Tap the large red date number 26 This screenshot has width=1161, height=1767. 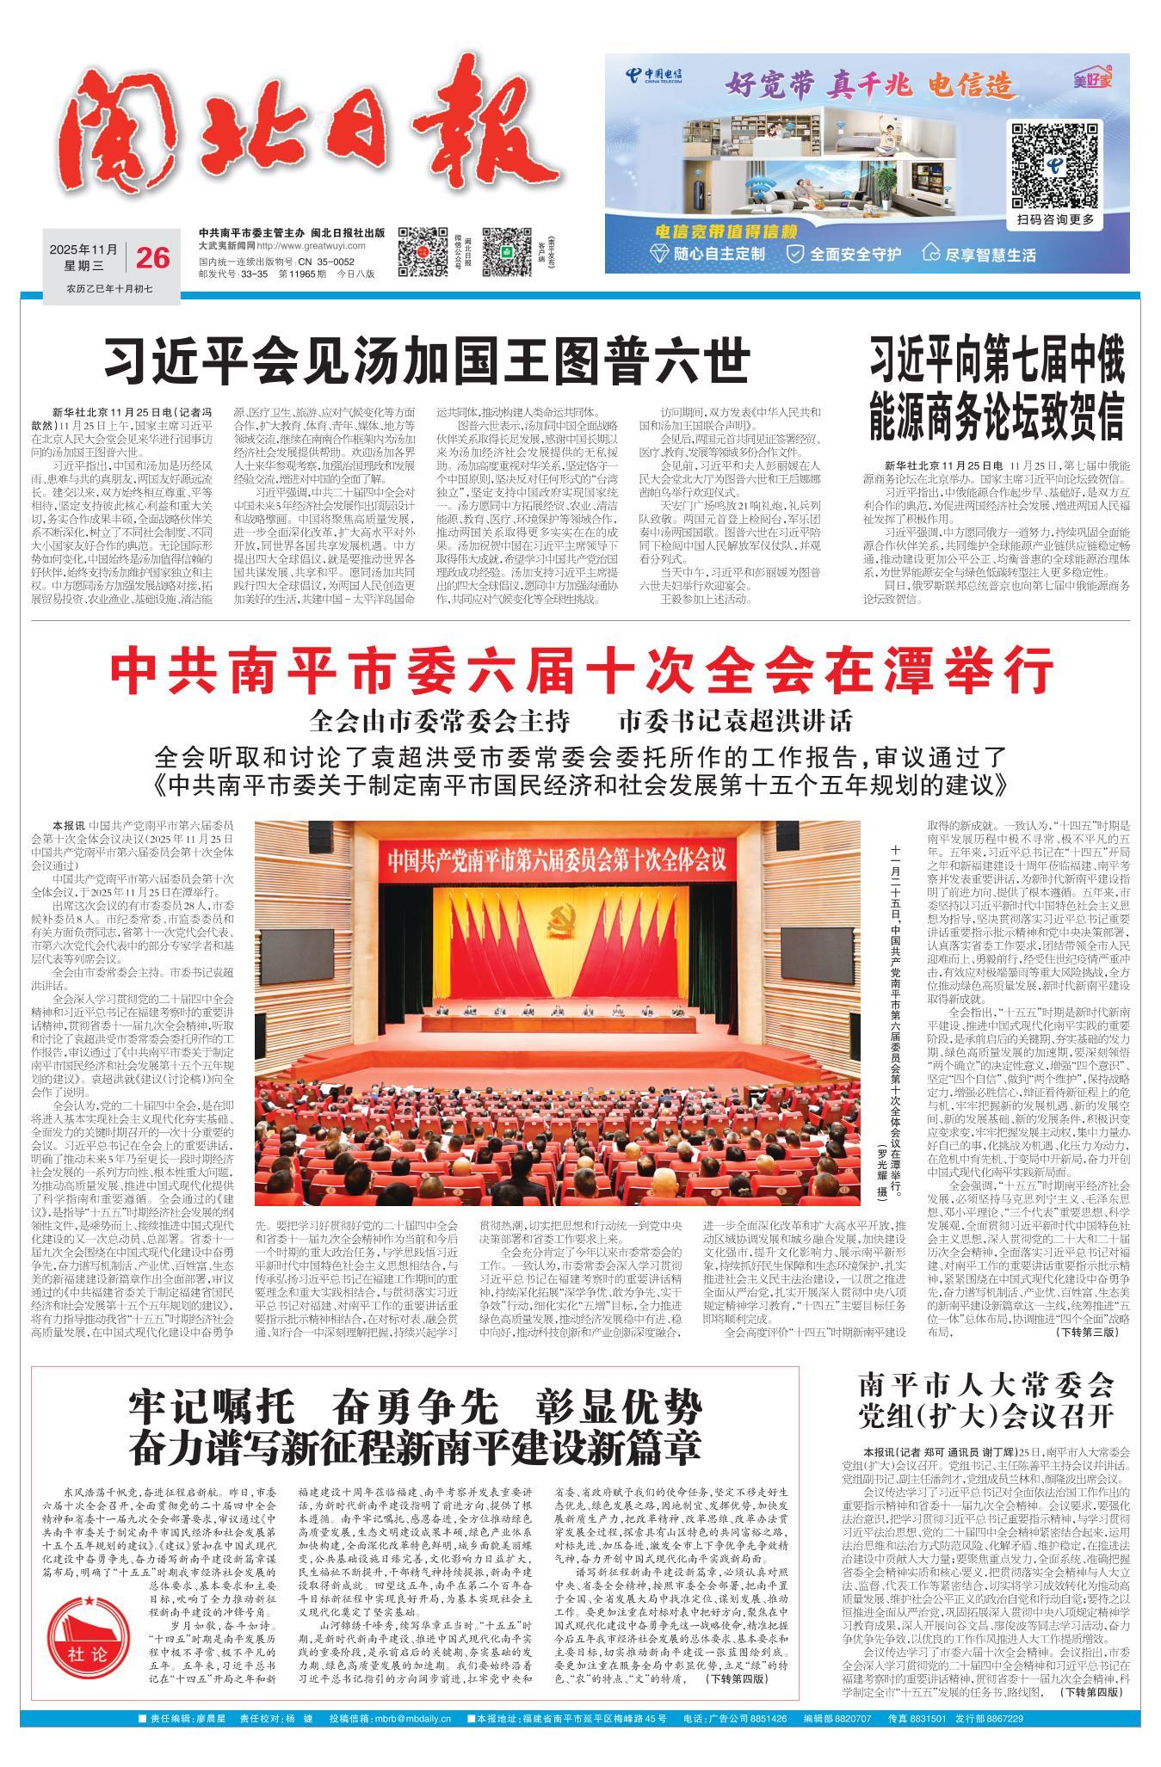tap(152, 256)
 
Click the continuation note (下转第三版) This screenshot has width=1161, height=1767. tap(1087, 1333)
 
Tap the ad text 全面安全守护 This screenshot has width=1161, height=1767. tap(843, 254)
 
